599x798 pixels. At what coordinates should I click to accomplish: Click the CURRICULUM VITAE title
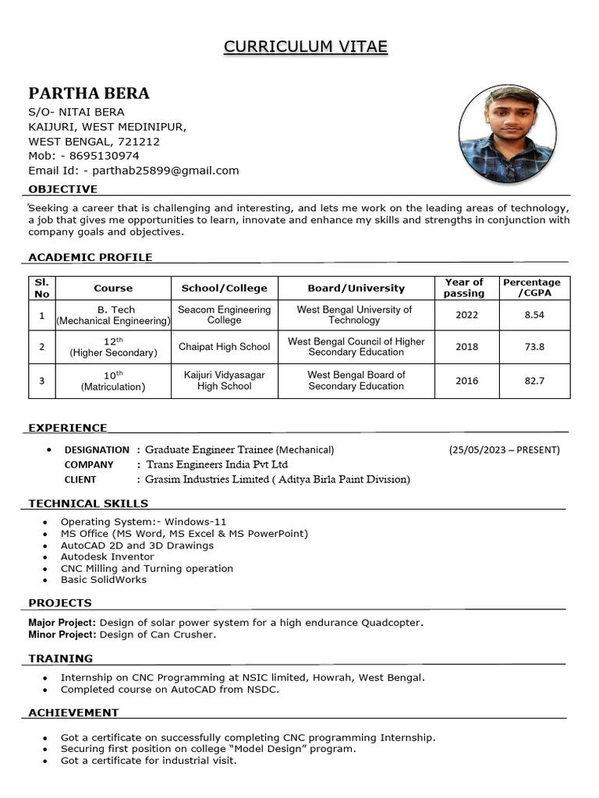[306, 47]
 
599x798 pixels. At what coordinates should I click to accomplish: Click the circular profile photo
[507, 134]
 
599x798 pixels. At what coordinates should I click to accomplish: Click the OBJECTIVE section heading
[63, 189]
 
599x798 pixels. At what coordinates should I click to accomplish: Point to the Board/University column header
[356, 288]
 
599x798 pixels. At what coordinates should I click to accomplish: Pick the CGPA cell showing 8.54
[534, 315]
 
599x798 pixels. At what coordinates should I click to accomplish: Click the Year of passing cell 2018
[466, 347]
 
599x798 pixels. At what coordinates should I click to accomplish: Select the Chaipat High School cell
[225, 347]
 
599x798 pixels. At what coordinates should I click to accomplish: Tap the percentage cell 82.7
[534, 381]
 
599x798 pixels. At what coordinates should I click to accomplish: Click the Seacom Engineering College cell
[225, 315]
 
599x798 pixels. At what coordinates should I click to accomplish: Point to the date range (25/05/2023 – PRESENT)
[504, 450]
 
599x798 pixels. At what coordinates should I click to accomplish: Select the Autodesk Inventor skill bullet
[107, 556]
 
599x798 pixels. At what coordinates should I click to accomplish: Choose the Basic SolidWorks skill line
[103, 580]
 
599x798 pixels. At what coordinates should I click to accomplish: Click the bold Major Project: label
[62, 623]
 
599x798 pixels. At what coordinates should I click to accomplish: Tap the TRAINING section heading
[61, 659]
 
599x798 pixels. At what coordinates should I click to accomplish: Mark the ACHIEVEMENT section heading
[73, 713]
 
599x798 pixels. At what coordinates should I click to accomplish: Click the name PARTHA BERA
[89, 94]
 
